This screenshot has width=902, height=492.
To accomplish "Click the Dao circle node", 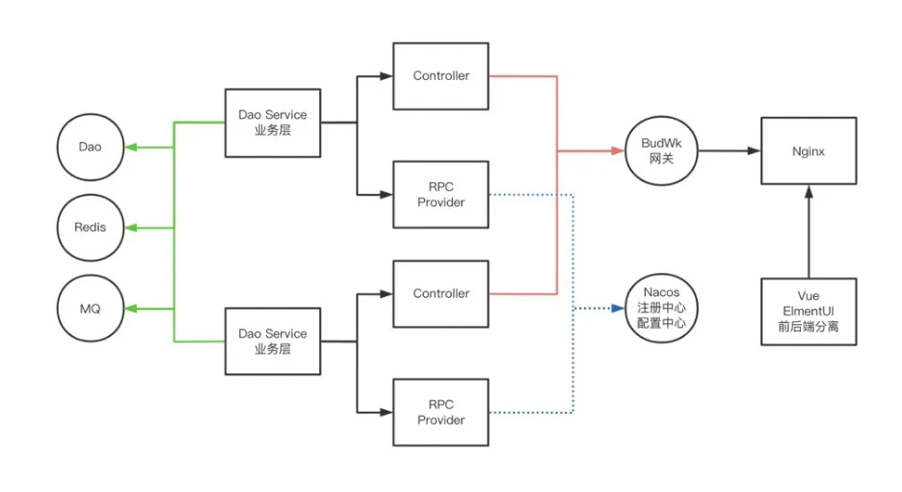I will tap(91, 148).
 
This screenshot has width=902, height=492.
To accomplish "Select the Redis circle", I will tap(91, 228).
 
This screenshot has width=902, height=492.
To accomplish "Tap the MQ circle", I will tap(91, 309).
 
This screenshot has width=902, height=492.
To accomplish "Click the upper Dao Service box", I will tap(273, 123).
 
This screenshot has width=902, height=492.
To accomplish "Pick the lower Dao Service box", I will tap(273, 341).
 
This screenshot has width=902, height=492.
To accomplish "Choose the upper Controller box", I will tap(440, 75).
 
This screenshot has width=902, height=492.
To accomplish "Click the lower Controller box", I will tap(440, 293).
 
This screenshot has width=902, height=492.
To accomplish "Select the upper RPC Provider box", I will tap(440, 195).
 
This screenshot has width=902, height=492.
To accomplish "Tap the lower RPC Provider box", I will tap(440, 413).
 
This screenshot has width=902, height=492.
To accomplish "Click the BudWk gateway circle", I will tap(661, 150).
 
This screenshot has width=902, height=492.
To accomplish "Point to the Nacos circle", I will tap(661, 309).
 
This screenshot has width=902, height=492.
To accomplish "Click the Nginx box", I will tap(809, 150).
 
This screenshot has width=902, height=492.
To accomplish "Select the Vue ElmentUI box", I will tap(809, 312).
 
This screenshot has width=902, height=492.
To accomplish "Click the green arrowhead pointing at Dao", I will tap(132, 148).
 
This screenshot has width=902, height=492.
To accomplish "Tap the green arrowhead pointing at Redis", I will tap(132, 228).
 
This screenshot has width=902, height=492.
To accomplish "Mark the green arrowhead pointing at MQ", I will tap(132, 309).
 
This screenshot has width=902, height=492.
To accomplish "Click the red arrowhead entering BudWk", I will tap(617, 150).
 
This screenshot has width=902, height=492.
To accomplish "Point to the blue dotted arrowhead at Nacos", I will tap(617, 309).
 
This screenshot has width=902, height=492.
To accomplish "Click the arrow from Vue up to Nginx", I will tap(809, 232).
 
